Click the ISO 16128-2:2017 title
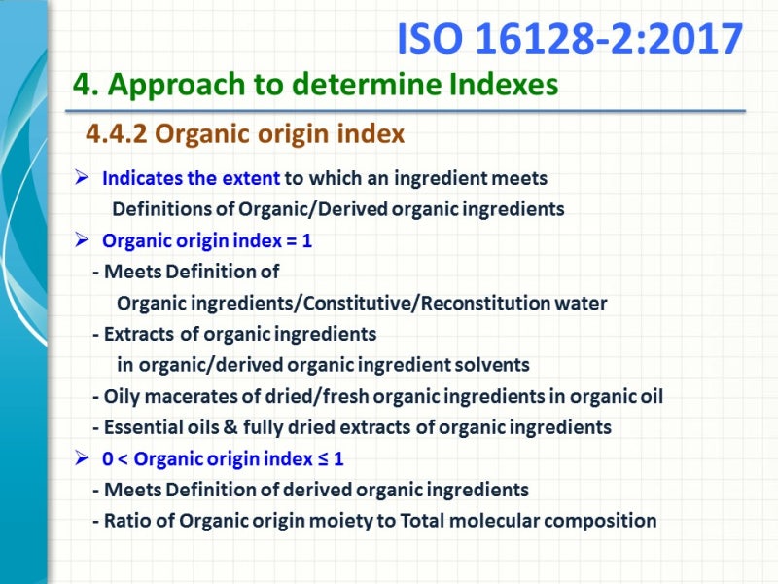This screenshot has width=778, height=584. pos(570,39)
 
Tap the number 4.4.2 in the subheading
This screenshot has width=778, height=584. pos(117,134)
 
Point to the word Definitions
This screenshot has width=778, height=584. pos(159,209)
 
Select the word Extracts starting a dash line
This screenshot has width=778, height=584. pos(141,334)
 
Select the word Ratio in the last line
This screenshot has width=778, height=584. pos(127,521)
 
